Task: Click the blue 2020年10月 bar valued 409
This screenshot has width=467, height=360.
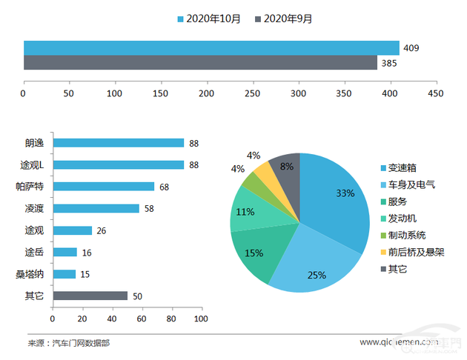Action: (211, 48)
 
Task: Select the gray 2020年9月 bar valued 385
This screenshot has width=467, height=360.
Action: (200, 64)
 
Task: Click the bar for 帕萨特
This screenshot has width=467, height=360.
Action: (103, 187)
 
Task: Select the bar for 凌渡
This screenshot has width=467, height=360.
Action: (96, 209)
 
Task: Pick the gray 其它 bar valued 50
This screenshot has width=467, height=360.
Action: (90, 296)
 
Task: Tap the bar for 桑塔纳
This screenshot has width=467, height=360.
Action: (64, 274)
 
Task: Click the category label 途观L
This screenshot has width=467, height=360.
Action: (33, 165)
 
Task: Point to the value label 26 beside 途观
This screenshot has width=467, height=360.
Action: (102, 231)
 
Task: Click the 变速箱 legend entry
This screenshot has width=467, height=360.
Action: (402, 168)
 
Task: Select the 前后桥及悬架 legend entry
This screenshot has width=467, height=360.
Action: (415, 253)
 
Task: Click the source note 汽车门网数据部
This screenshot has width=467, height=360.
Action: (82, 343)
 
